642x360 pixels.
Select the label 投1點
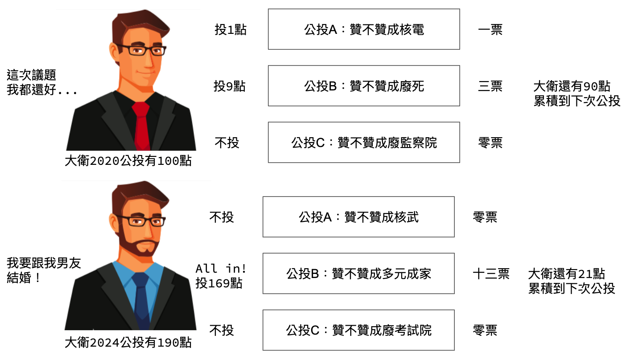(230, 29)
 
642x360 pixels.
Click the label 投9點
(230, 86)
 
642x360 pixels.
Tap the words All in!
(221, 269)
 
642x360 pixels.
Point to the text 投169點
(219, 283)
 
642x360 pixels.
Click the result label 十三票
(491, 274)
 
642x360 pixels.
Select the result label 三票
(490, 86)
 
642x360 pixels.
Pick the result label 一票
(490, 29)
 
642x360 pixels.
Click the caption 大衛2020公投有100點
(128, 161)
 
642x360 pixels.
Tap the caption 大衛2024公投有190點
(128, 342)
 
